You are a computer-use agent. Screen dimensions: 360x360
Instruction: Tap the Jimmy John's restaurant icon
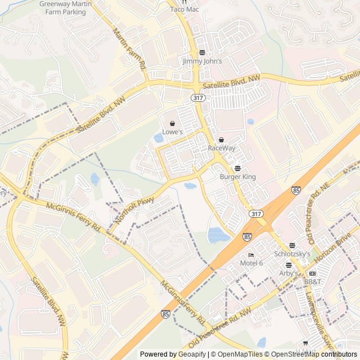coord(202,53)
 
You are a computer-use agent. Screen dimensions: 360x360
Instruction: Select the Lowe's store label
coord(173,132)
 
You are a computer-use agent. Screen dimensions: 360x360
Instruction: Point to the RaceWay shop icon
coord(221,140)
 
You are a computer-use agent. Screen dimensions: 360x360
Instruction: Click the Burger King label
coord(237,177)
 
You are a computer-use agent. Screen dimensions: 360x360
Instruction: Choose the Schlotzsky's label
coord(292,254)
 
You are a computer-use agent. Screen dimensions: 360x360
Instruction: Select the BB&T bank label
coord(312,281)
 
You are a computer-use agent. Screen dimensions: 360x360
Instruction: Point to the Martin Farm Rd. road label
coord(130,49)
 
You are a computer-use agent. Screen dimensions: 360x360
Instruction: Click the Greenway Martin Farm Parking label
coord(62,8)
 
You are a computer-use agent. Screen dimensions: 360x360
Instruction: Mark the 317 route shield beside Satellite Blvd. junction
coord(197,98)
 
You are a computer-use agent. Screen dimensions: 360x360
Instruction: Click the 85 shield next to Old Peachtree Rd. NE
coord(296,191)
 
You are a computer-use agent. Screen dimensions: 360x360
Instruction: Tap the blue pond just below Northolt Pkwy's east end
coord(190,186)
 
